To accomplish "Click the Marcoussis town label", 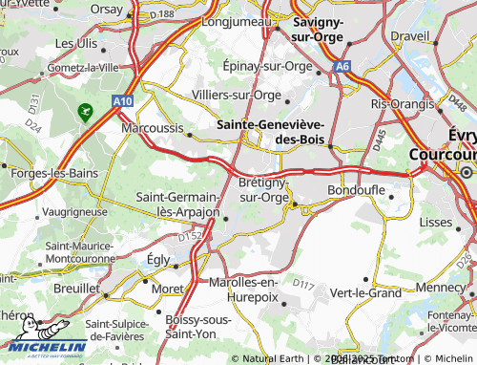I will (x=153, y=125).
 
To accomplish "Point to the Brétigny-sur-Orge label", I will (x=262, y=189).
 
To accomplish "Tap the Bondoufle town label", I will (x=356, y=190).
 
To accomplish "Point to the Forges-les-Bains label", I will (x=42, y=173).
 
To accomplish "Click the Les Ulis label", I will (x=75, y=43).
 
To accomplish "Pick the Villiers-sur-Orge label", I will (x=236, y=95).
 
